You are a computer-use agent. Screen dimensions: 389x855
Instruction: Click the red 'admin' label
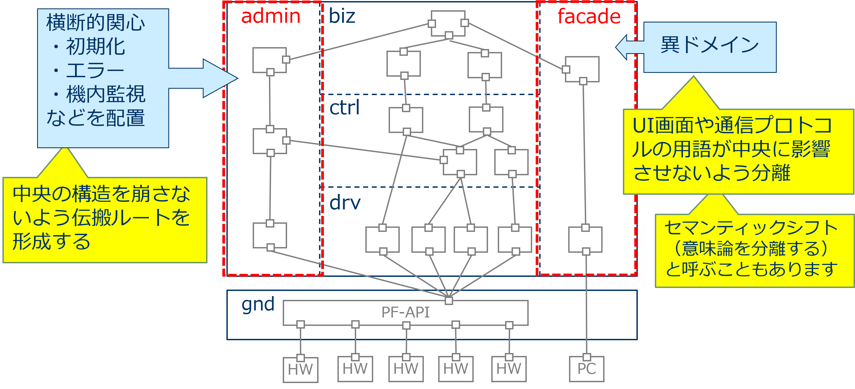point(271,16)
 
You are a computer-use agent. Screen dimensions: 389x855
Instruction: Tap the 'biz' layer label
point(342,16)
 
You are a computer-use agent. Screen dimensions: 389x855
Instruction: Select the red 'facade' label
point(589,16)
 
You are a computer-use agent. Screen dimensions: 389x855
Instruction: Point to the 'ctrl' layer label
point(344,108)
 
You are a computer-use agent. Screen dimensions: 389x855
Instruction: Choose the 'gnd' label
point(258,304)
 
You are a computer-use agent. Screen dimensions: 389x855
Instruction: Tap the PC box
point(587,369)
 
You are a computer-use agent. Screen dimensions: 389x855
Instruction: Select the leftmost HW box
point(300,369)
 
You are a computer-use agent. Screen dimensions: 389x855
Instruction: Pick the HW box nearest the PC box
point(509,369)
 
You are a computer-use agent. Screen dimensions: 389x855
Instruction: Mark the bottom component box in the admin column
point(269,235)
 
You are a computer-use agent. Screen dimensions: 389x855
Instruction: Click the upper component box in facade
point(583,69)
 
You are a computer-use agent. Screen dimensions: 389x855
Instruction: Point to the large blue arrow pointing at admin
point(212,79)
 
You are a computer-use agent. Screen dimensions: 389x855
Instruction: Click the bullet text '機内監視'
point(106,94)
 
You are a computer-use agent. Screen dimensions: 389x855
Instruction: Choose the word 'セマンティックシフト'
point(751,228)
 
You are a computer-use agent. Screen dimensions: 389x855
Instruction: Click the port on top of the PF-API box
point(449,301)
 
